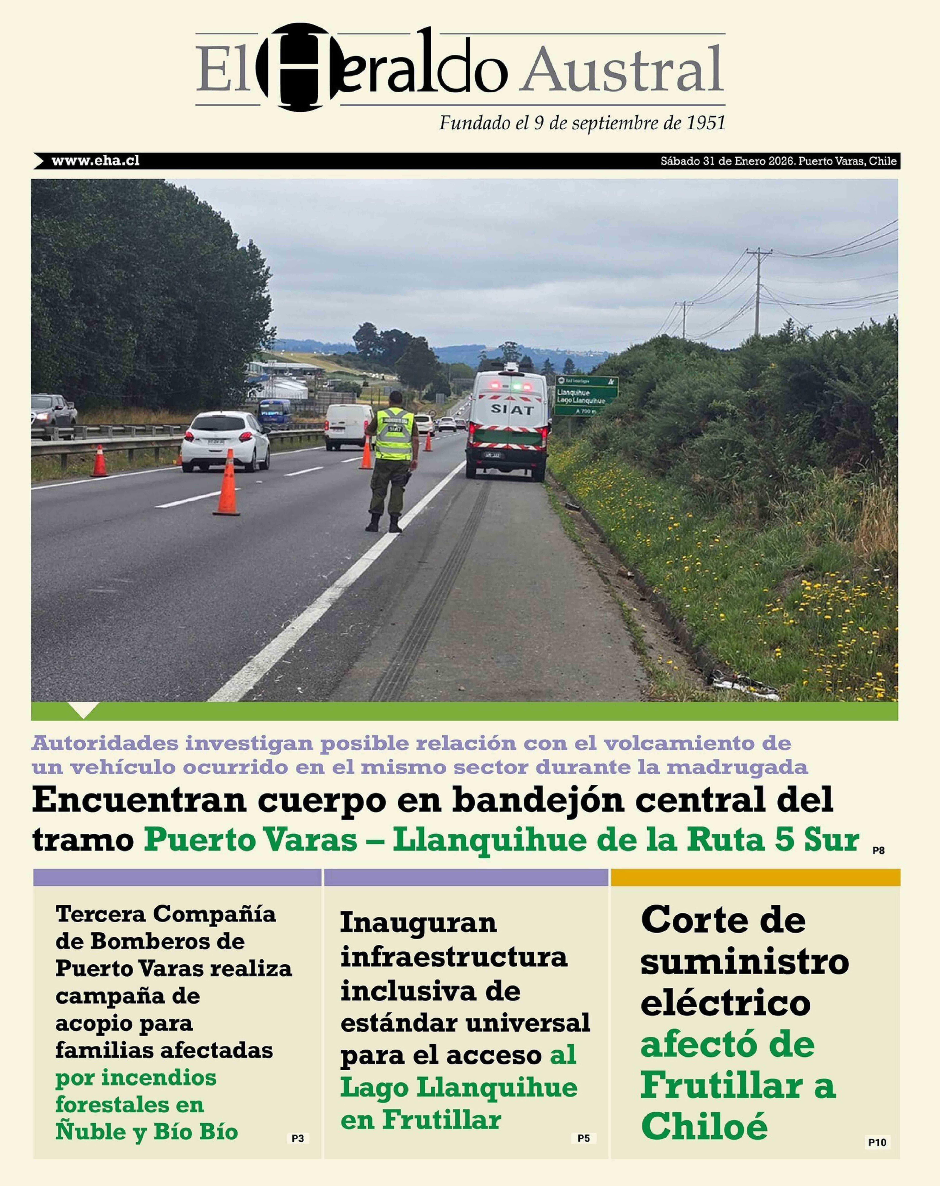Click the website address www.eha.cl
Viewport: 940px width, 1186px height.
point(95,161)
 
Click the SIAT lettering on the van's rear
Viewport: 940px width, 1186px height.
point(512,409)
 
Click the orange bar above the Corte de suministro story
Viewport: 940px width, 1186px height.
point(755,877)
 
